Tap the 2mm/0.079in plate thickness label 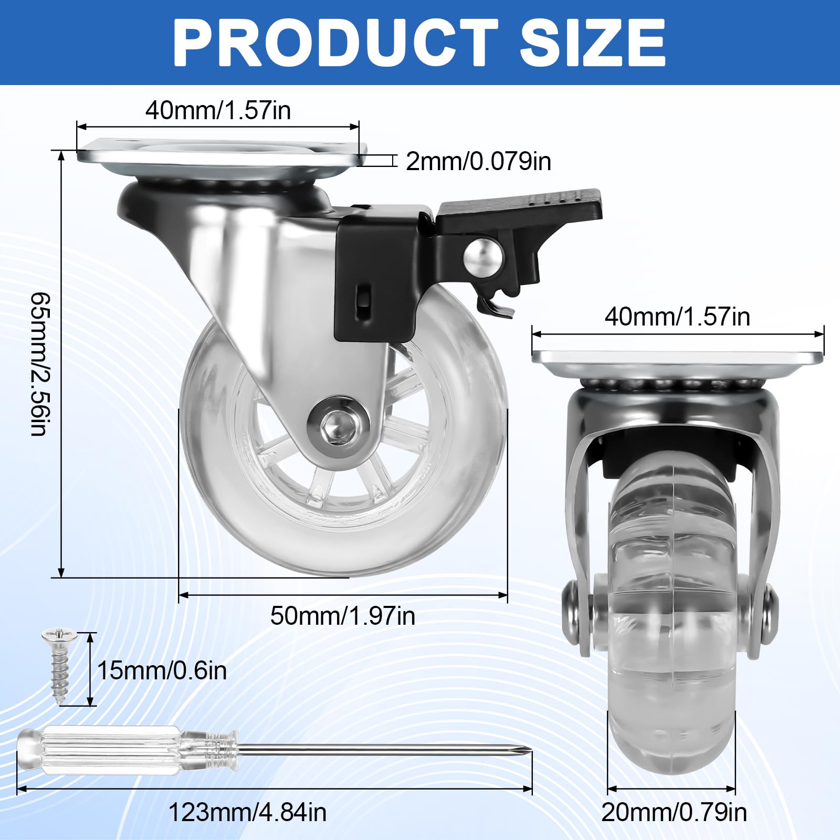478,161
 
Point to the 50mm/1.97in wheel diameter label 342,616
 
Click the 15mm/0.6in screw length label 162,670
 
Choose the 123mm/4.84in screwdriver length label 247,812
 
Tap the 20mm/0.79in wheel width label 674,812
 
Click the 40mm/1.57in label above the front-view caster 677,317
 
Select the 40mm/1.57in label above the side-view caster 218,110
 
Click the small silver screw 59,665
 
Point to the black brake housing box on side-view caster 375,273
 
